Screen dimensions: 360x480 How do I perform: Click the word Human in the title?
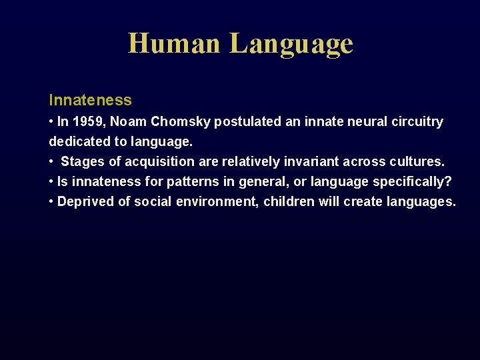pos(174,43)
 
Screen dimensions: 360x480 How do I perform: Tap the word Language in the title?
pos(291,45)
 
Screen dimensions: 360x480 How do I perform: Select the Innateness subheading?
pos(90,100)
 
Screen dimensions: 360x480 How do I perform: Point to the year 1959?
pos(87,121)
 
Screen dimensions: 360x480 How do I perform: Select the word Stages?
pos(83,161)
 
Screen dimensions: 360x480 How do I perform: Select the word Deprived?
pos(85,201)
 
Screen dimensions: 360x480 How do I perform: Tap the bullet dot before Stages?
pos(51,161)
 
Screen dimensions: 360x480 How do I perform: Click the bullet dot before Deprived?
pos(51,201)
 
